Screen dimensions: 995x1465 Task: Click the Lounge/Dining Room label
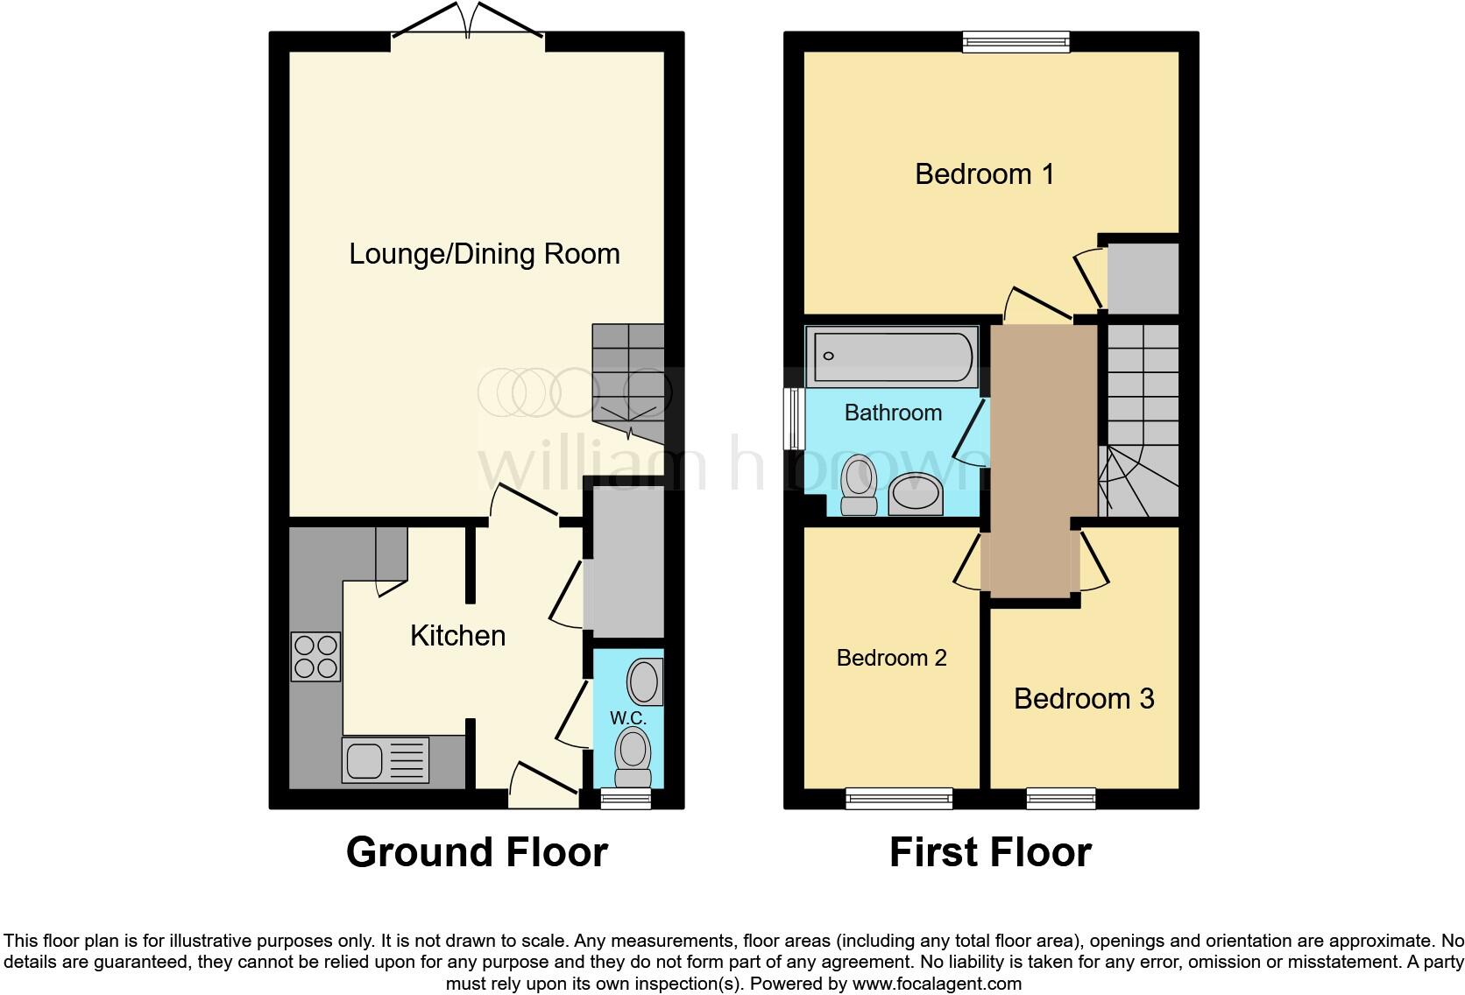pos(484,254)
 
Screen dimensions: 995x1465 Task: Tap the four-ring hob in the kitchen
pos(315,657)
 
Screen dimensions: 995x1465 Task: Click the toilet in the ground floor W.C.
pos(633,759)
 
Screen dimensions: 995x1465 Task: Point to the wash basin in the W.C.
pos(644,681)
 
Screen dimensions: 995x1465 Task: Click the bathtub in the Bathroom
pos(891,356)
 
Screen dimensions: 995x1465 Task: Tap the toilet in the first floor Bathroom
pos(858,488)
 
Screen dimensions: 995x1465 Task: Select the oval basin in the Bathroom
pos(916,495)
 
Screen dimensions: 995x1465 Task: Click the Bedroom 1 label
pos(984,174)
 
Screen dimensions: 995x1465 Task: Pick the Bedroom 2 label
pos(891,658)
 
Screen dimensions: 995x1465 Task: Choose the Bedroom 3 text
pos(1084,699)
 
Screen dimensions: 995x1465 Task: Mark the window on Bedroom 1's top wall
pos(1016,41)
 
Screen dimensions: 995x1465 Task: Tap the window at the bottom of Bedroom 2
pos(899,797)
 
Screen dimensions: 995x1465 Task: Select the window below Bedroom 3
pos(1061,797)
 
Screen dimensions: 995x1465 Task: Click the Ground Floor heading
pos(477,852)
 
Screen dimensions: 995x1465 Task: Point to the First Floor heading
pos(990,852)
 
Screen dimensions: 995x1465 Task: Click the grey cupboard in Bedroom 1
pos(1143,278)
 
